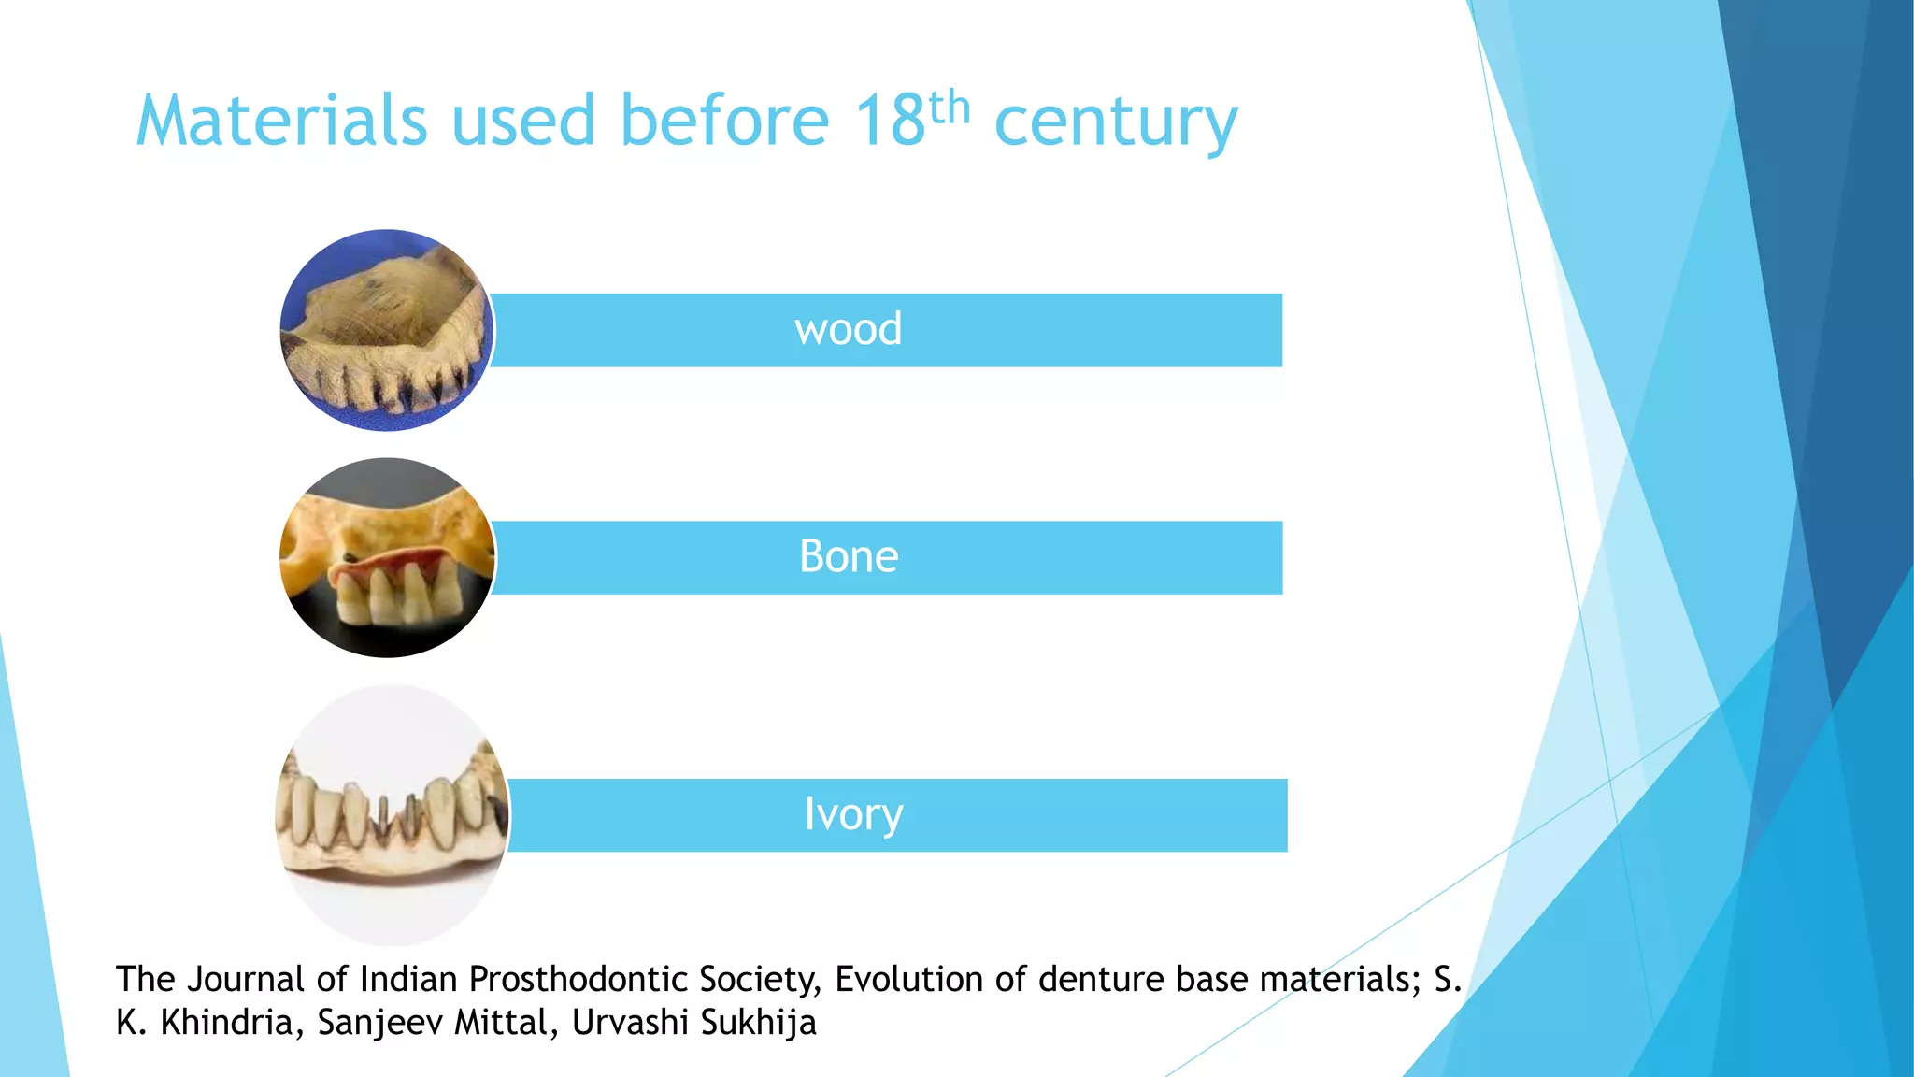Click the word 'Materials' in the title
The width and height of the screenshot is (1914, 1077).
click(281, 121)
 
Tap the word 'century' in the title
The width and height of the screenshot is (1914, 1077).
click(1116, 123)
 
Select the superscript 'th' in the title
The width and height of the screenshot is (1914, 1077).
click(950, 107)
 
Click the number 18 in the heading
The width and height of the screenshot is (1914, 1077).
click(890, 121)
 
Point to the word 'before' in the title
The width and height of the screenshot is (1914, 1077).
click(724, 121)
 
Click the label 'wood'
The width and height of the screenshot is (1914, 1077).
click(849, 329)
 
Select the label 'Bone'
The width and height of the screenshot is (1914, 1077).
click(849, 556)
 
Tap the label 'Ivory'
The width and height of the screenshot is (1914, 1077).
click(853, 814)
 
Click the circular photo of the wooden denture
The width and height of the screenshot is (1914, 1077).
click(387, 330)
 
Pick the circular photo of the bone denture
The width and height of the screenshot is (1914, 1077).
click(388, 557)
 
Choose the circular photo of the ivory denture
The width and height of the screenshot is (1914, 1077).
click(393, 815)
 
